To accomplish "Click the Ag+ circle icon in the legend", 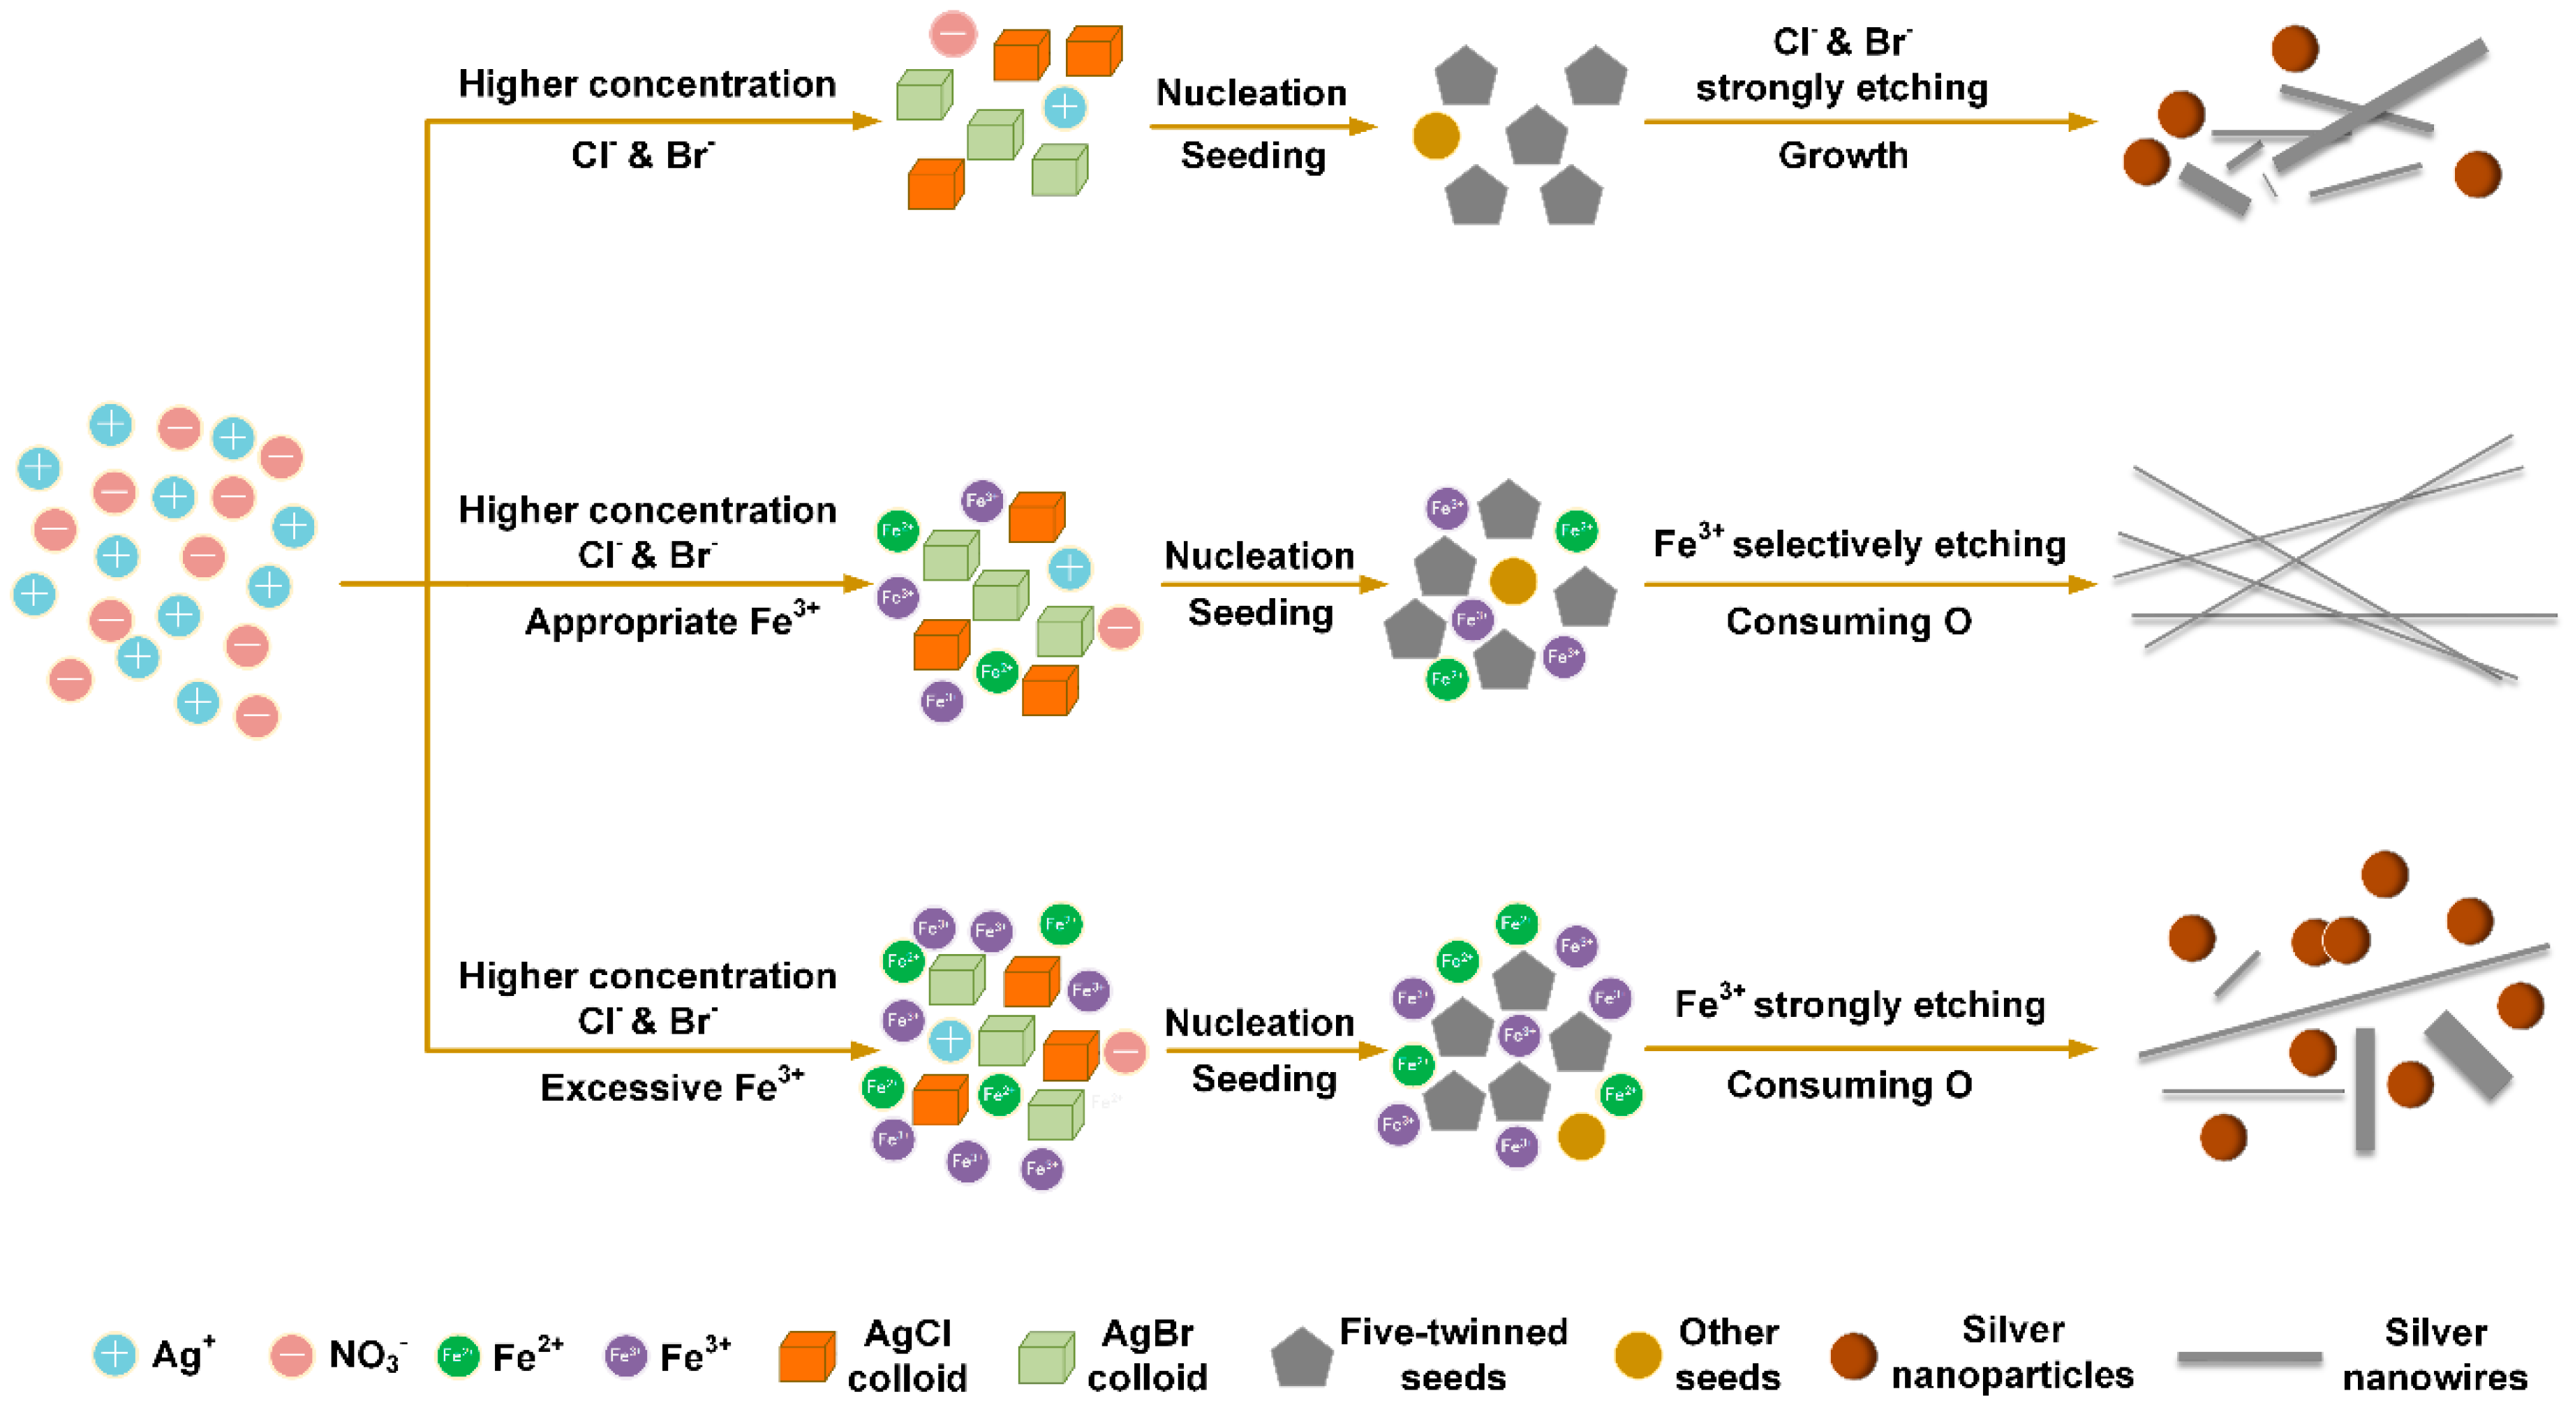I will pyautogui.click(x=114, y=1354).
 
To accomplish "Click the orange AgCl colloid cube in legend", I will pyautogui.click(x=806, y=1356).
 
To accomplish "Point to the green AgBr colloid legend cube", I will pyautogui.click(x=1046, y=1356).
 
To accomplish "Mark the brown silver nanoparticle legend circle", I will pyautogui.click(x=1853, y=1356).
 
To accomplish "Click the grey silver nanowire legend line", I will pyautogui.click(x=2249, y=1357).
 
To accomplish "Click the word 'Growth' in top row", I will pyautogui.click(x=1842, y=156).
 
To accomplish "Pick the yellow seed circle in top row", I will pyautogui.click(x=1436, y=135).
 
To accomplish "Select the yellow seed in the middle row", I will pyautogui.click(x=1513, y=580).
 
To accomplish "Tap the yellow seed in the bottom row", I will pyautogui.click(x=1580, y=1136).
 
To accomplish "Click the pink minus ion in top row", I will pyautogui.click(x=952, y=34).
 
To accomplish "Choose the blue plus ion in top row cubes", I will pyautogui.click(x=1064, y=107).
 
